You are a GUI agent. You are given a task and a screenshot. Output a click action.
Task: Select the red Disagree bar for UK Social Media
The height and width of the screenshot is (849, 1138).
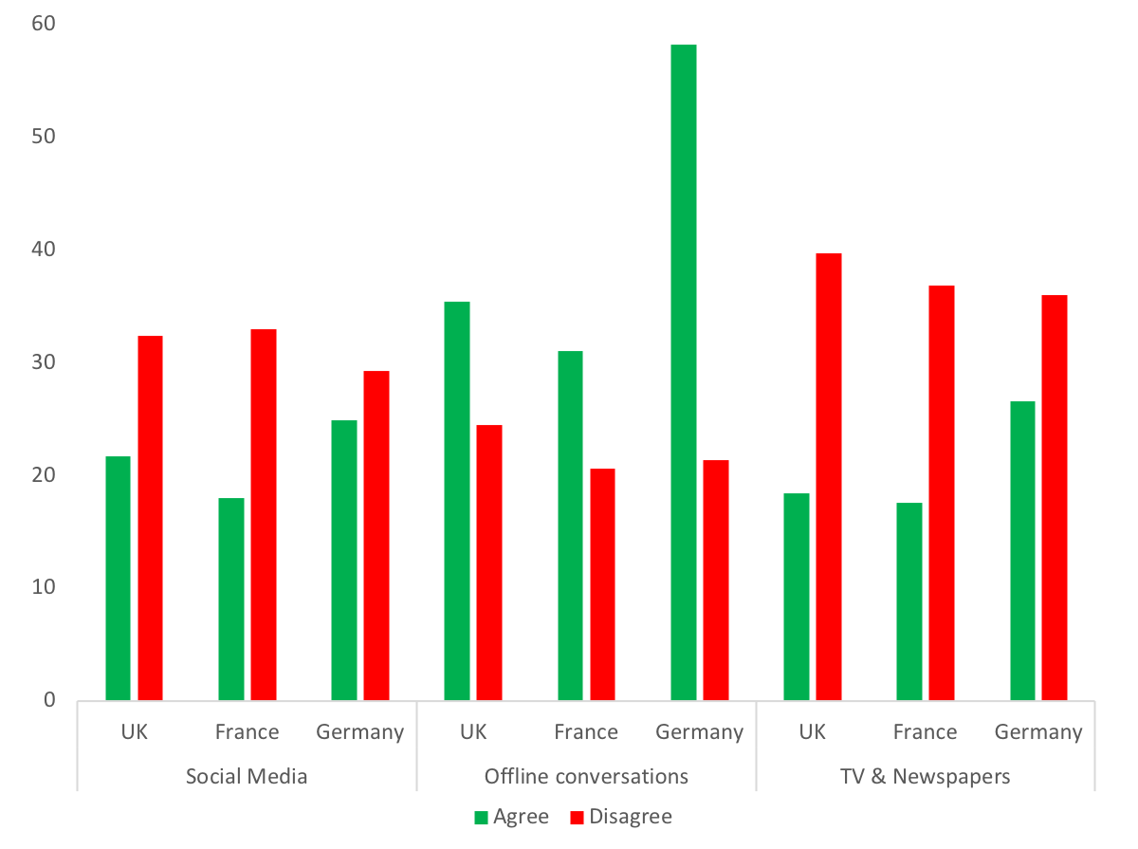click(x=150, y=518)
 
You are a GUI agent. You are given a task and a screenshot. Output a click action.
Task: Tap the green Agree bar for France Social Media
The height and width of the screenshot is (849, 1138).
click(x=231, y=599)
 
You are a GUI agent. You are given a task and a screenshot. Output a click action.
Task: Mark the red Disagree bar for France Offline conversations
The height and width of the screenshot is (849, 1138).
click(x=602, y=584)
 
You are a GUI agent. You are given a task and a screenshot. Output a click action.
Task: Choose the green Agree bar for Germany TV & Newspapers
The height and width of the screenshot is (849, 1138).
click(x=1022, y=550)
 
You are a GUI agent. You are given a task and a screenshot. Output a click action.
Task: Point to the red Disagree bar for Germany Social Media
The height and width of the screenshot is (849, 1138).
click(x=376, y=535)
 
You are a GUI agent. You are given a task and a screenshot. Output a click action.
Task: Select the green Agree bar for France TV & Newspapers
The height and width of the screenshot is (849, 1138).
click(x=909, y=601)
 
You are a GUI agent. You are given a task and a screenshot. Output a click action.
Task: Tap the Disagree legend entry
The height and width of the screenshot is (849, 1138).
click(x=620, y=817)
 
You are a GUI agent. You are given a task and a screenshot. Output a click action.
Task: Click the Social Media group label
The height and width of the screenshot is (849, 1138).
click(x=247, y=776)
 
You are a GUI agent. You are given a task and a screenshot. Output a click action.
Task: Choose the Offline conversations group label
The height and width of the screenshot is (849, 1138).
click(x=586, y=776)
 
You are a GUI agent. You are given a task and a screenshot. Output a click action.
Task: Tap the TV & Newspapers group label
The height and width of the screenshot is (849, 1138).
click(x=926, y=776)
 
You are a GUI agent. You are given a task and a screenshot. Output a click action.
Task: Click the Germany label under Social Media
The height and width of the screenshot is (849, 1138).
click(x=360, y=731)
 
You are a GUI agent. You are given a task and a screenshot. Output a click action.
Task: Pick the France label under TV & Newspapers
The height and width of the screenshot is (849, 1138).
click(x=926, y=731)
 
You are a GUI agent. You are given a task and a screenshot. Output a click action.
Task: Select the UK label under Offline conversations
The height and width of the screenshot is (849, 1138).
click(x=473, y=731)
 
